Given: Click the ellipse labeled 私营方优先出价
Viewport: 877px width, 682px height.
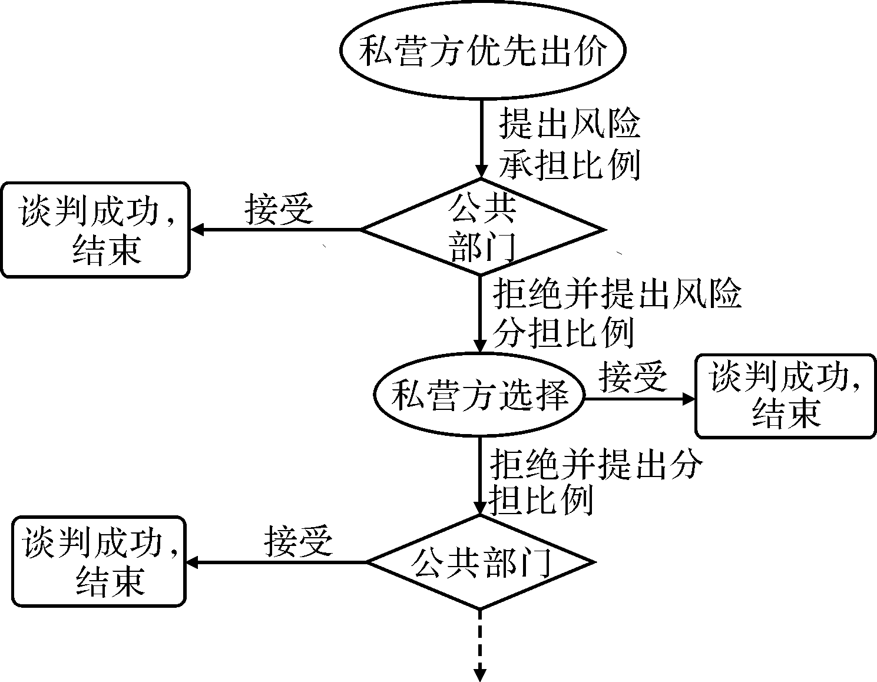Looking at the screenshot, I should point(481,52).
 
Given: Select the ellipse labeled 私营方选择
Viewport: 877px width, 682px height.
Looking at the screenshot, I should point(479,395).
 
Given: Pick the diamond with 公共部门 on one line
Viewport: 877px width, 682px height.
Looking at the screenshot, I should point(481,562).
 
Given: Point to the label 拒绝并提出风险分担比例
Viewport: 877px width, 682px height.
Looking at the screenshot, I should point(616,313).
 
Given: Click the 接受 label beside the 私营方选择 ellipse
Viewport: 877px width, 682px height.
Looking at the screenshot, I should point(633,376).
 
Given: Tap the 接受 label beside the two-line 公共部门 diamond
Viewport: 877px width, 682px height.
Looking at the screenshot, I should point(279,209).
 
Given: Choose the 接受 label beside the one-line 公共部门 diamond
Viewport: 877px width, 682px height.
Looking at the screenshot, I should point(298,541).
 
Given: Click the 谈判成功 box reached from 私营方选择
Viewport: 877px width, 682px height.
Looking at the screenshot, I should point(785,396).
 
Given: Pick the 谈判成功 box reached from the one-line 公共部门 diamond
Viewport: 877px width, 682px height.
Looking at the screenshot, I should point(99,561).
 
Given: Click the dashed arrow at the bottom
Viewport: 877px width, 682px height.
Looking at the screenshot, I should point(481,642).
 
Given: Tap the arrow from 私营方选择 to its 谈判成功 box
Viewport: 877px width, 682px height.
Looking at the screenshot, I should point(639,398).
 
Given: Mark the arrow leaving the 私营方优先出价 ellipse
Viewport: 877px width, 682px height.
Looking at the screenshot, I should point(481,135).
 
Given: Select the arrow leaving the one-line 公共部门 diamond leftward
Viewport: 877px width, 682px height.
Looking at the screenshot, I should point(277,562).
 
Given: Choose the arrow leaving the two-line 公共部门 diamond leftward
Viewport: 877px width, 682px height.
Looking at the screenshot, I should point(277,229).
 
